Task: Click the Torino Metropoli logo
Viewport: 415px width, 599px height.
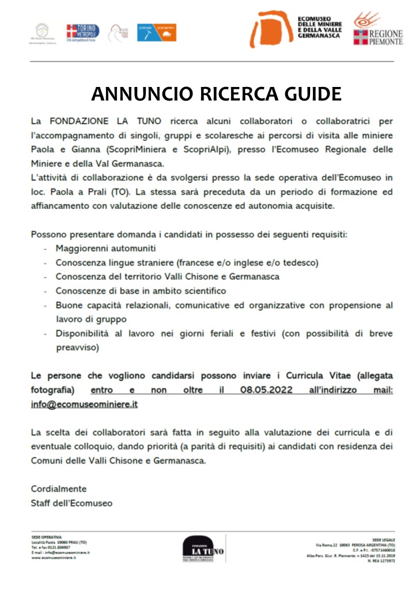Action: pyautogui.click(x=82, y=32)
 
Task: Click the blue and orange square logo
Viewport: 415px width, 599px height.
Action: pyautogui.click(x=157, y=32)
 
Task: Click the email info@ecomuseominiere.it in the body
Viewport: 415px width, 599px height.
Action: pyautogui.click(x=84, y=404)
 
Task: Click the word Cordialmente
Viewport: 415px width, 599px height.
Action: pyautogui.click(x=59, y=488)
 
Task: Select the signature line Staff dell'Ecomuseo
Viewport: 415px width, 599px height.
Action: pyautogui.click(x=71, y=503)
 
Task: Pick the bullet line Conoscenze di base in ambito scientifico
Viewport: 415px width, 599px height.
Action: pyautogui.click(x=141, y=291)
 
